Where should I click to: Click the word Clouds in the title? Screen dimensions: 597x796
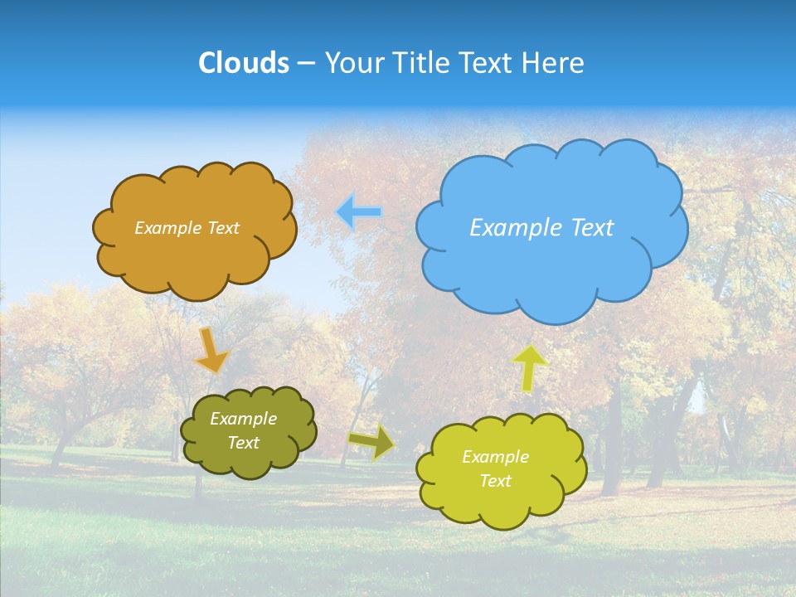244,63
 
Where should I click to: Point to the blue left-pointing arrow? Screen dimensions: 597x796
359,212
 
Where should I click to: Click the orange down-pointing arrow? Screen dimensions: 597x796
211,350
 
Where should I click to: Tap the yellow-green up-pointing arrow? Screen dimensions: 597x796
530,367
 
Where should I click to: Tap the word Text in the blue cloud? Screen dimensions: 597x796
593,228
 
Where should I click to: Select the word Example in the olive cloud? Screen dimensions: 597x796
244,420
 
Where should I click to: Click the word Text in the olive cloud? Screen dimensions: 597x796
244,443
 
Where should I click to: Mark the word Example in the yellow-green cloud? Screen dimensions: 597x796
496,457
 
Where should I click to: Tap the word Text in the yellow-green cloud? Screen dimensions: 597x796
496,481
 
